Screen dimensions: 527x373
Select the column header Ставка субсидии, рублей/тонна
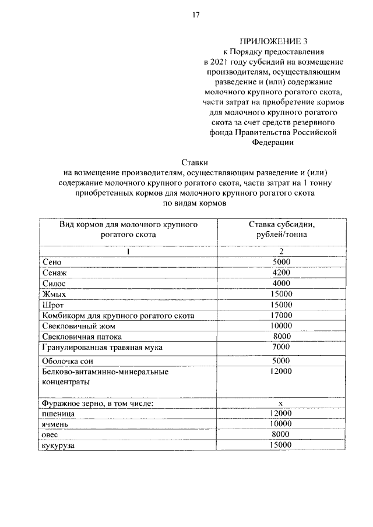(281, 229)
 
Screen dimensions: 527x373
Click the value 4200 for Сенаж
(281, 273)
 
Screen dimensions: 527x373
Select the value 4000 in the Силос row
(281, 283)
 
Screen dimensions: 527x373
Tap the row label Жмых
(55, 294)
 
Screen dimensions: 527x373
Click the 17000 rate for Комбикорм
(281, 315)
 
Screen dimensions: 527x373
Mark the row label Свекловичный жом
(75, 326)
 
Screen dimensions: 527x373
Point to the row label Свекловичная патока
(82, 337)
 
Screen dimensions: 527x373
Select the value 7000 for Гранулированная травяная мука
(281, 347)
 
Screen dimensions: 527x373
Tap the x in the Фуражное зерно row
(281, 402)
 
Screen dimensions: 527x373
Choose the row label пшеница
(58, 413)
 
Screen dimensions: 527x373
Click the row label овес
(51, 435)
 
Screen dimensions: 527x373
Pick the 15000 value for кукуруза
(281, 445)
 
